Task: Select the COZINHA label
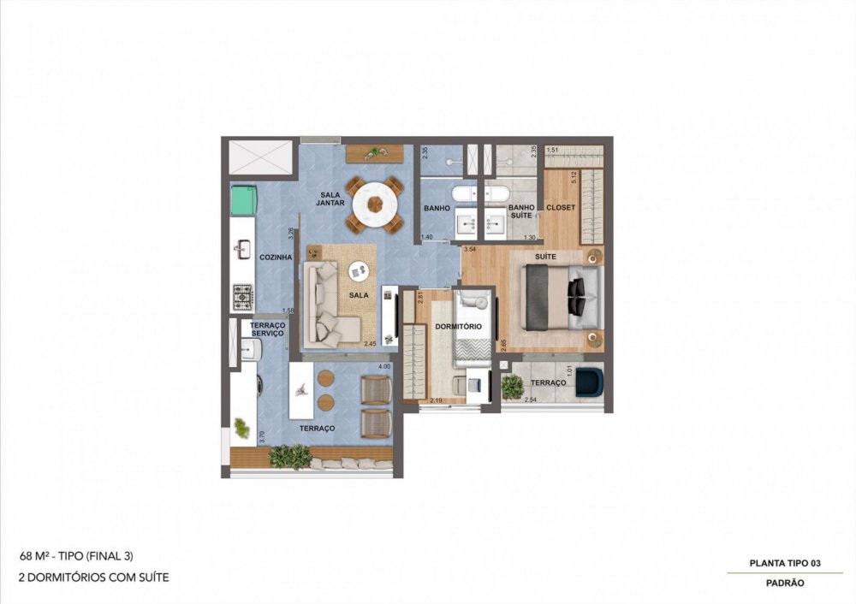[x=276, y=257]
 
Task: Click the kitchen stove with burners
[x=243, y=297]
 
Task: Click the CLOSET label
[x=561, y=208]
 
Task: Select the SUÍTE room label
[x=545, y=257]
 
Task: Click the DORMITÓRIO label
[x=457, y=327]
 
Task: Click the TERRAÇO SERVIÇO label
[x=267, y=329]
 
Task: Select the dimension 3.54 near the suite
[x=468, y=249]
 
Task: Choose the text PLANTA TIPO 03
[x=785, y=562]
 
